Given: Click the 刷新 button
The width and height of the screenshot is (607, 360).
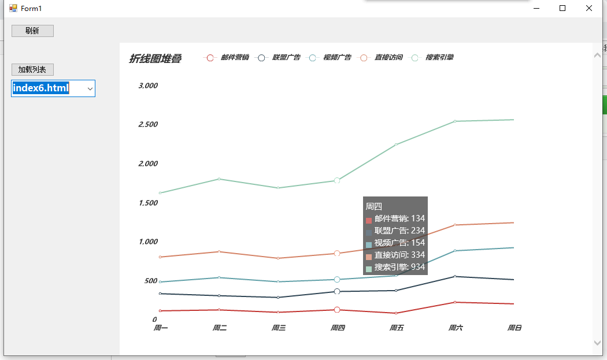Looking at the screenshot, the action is click(32, 31).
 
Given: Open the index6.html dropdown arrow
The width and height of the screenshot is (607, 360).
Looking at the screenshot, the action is click(90, 88).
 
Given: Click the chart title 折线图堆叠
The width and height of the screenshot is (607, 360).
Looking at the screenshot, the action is click(156, 58).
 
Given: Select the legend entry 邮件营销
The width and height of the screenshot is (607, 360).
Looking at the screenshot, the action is click(226, 58).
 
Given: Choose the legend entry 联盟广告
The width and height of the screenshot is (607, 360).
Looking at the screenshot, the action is click(277, 58).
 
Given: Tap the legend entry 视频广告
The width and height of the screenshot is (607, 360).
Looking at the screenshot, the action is click(329, 58).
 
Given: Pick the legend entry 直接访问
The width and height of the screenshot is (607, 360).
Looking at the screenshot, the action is click(380, 58).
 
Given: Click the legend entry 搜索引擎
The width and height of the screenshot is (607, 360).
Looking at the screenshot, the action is click(431, 58).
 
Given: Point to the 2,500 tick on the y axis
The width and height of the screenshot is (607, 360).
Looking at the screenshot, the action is click(148, 124).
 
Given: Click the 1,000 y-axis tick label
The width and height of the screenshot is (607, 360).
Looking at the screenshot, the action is click(148, 242).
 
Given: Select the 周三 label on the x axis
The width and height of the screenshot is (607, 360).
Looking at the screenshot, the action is click(278, 328).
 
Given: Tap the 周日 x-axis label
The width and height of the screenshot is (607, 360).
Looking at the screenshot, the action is click(514, 328).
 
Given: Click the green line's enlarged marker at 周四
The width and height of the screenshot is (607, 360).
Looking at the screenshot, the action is click(337, 180).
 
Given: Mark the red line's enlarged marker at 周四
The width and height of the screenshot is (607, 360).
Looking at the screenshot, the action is click(337, 310).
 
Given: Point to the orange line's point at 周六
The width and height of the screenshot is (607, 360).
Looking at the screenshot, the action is click(455, 225).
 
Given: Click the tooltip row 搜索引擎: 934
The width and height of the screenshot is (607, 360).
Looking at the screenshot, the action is click(395, 267).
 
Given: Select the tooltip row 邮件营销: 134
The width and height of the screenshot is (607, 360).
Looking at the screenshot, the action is click(395, 218).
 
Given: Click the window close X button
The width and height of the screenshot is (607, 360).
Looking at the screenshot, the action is click(589, 8).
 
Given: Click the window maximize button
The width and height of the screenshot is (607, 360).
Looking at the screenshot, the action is click(562, 8).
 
